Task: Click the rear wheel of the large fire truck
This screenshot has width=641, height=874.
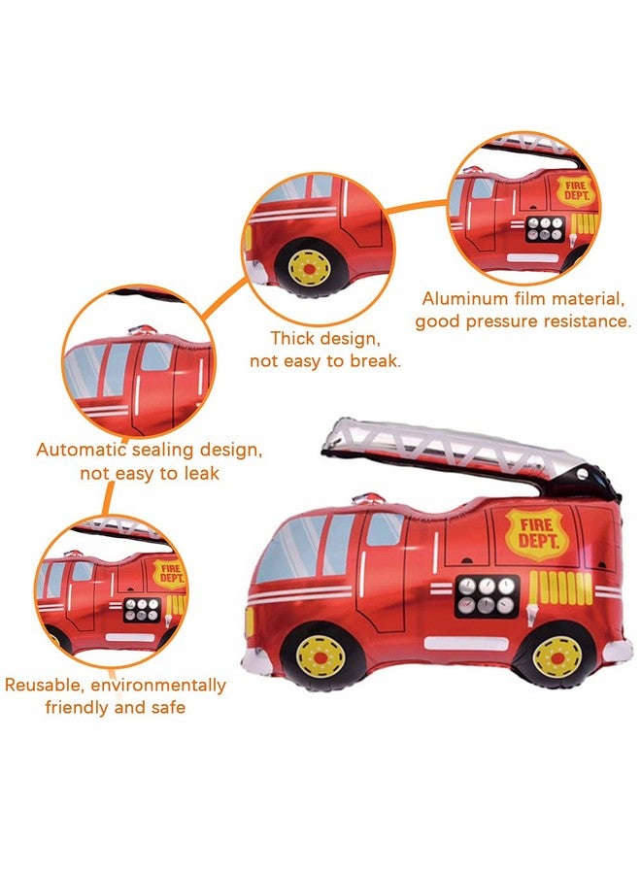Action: [557, 658]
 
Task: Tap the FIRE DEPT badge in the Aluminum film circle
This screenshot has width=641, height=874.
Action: [576, 191]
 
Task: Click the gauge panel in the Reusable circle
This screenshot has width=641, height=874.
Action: [142, 610]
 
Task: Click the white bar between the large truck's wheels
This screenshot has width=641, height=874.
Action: [465, 643]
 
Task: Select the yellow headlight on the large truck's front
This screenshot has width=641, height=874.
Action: [250, 622]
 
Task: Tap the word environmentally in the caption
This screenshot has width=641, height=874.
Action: [157, 685]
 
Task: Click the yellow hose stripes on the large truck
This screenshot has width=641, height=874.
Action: [559, 588]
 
